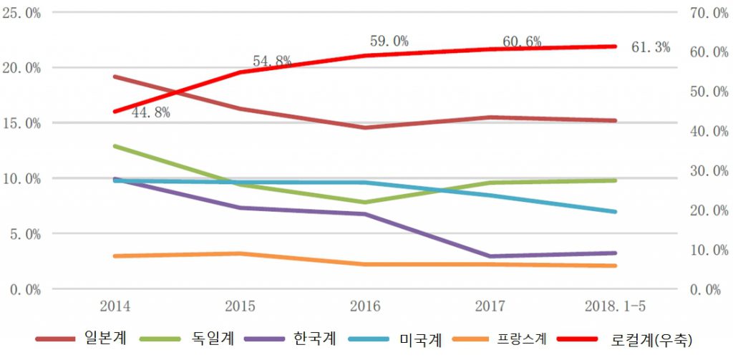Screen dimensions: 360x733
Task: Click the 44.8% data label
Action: coord(150,113)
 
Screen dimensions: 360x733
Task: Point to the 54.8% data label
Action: coord(271,62)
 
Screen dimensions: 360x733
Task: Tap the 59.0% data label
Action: coord(389,42)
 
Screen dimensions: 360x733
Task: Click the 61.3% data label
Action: coord(651,48)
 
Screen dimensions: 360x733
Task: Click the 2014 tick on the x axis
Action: coord(115,306)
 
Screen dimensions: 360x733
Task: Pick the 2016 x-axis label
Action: coord(365,306)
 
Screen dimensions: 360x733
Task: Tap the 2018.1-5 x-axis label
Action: coord(616,306)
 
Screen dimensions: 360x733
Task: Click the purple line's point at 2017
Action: coord(490,256)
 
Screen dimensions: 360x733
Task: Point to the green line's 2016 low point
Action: coord(365,203)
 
